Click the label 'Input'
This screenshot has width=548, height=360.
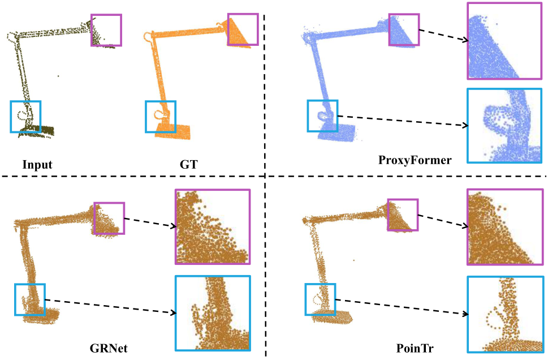pyautogui.click(x=37, y=165)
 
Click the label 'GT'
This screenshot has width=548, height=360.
pyautogui.click(x=176, y=165)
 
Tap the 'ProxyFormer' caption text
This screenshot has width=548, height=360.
pyautogui.click(x=415, y=161)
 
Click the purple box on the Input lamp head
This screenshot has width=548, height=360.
pyautogui.click(x=106, y=30)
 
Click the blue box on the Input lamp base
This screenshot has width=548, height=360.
pyautogui.click(x=26, y=117)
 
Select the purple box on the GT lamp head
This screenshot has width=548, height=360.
pyautogui.click(x=243, y=29)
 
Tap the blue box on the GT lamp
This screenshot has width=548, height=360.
pyautogui.click(x=161, y=117)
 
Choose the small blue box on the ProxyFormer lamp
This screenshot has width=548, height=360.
pyautogui.click(x=322, y=115)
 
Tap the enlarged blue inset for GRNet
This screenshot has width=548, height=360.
pyautogui.click(x=212, y=314)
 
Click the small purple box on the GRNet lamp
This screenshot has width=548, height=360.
pyautogui.click(x=109, y=218)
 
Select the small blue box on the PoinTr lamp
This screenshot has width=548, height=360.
pyautogui.click(x=320, y=299)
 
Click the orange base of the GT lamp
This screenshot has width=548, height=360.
pyautogui.click(x=175, y=132)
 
